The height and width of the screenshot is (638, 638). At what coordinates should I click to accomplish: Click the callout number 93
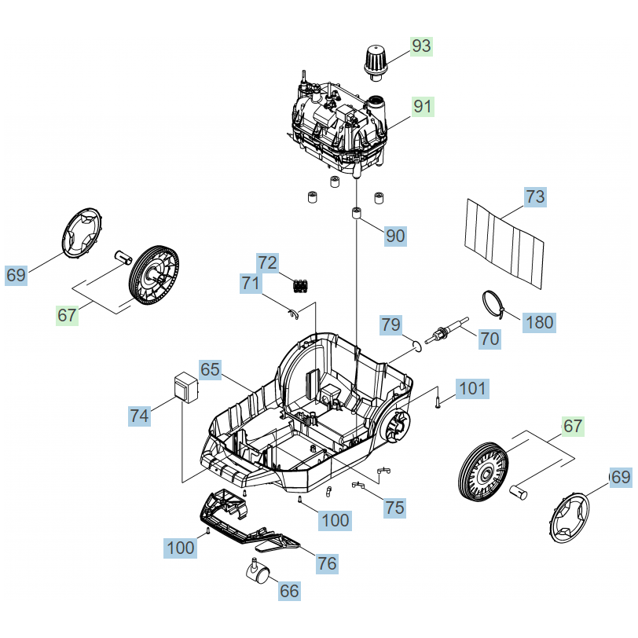click(422, 46)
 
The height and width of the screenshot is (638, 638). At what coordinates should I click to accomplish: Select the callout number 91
click(423, 106)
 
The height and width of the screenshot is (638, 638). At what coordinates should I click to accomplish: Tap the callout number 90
click(395, 235)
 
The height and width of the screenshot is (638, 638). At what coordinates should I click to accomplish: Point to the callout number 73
click(535, 197)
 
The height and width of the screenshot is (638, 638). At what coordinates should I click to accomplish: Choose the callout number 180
click(539, 321)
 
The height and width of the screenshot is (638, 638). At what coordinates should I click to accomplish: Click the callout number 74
click(140, 416)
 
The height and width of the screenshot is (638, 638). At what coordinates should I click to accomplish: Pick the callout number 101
click(472, 387)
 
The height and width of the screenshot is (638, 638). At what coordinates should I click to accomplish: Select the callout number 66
click(290, 590)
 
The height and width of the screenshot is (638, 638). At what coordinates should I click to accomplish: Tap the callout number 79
click(391, 324)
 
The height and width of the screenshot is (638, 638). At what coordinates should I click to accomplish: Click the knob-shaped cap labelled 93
click(376, 61)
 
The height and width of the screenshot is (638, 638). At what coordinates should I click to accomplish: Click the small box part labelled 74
click(186, 387)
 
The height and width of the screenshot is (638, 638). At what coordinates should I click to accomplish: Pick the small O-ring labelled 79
click(415, 344)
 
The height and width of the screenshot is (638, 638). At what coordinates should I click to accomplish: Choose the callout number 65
click(210, 369)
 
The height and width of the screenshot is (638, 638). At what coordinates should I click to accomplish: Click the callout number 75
click(395, 507)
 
